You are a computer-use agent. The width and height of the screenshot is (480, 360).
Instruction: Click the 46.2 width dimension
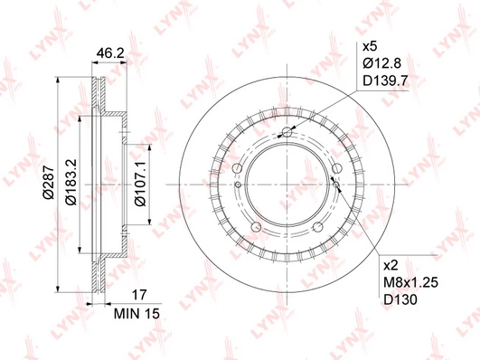(x=110, y=54)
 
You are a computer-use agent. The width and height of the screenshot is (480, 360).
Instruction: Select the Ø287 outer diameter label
(x=49, y=183)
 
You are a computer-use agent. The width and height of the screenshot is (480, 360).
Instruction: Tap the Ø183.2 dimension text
(x=71, y=182)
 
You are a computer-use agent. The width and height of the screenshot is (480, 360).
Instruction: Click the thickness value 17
(x=139, y=295)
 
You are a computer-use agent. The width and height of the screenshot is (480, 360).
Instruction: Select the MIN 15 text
(x=136, y=314)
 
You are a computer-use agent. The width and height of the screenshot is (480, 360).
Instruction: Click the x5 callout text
(x=370, y=47)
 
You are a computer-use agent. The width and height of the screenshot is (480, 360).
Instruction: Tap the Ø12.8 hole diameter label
(x=381, y=63)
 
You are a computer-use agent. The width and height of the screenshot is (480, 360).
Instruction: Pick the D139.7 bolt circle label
(x=385, y=81)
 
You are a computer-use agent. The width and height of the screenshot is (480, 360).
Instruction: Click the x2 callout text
(x=391, y=265)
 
